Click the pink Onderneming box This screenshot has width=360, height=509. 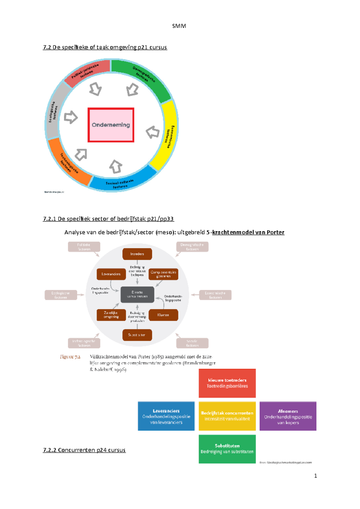pyautogui.click(x=111, y=125)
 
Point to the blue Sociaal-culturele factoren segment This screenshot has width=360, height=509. pyautogui.click(x=120, y=183)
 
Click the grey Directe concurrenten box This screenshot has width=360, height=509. pyautogui.click(x=137, y=294)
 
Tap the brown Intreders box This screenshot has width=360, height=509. pyautogui.click(x=137, y=254)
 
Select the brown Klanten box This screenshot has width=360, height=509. pyautogui.click(x=163, y=315)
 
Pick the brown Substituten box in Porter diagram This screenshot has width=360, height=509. pyautogui.click(x=137, y=335)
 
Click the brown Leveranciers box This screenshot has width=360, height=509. pyautogui.click(x=111, y=274)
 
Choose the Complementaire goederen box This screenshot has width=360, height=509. pyautogui.click(x=163, y=274)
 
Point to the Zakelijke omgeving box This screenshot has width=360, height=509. pyautogui.click(x=111, y=315)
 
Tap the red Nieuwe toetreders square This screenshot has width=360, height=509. pyautogui.click(x=227, y=383)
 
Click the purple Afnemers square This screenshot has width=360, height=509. pyautogui.click(x=288, y=416)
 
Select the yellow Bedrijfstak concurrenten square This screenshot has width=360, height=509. pyautogui.click(x=227, y=416)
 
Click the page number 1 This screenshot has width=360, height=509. pyautogui.click(x=315, y=476)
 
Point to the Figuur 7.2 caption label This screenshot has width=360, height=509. pyautogui.click(x=70, y=357)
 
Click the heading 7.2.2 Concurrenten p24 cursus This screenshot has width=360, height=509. pyautogui.click(x=84, y=450)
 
